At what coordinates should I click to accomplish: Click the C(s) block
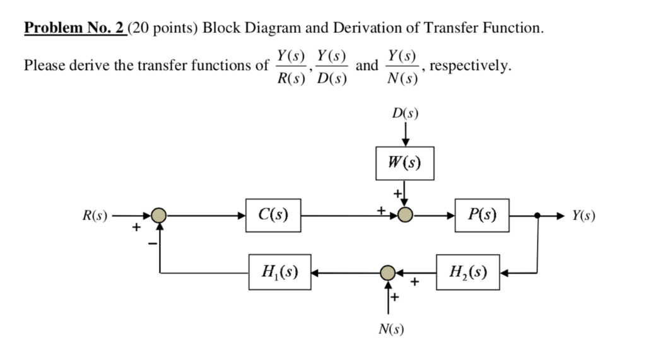[273, 215]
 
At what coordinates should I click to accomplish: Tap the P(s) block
[481, 215]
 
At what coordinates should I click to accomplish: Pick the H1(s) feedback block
[279, 272]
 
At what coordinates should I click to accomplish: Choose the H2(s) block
[467, 272]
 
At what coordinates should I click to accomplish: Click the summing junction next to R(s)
[160, 216]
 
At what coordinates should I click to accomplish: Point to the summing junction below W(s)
[405, 216]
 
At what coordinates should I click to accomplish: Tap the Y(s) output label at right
[584, 216]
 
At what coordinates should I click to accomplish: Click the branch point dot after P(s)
[537, 216]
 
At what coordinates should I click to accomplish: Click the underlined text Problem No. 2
[75, 28]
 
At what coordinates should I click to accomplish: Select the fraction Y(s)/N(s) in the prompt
[402, 66]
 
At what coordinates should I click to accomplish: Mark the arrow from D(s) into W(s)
[405, 134]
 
